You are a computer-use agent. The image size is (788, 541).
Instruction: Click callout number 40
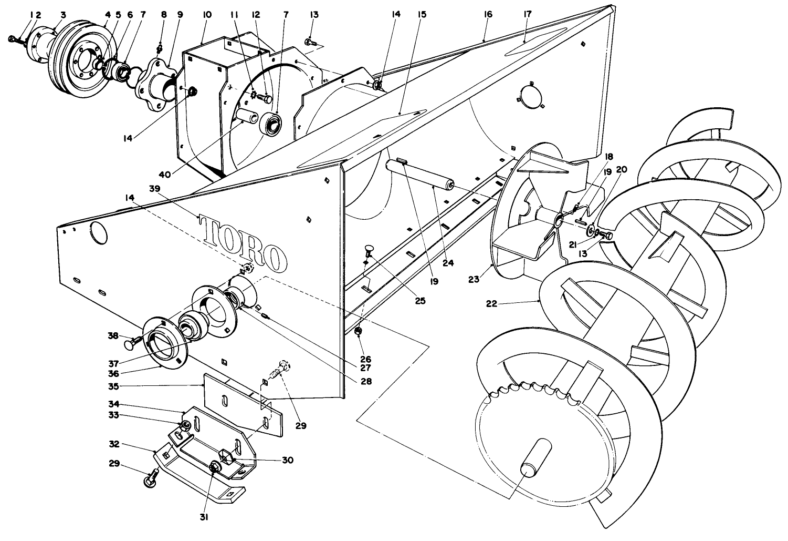[x=165, y=174]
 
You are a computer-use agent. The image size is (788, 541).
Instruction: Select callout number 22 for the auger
[x=491, y=303]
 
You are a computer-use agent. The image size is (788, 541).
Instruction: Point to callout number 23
[x=474, y=279]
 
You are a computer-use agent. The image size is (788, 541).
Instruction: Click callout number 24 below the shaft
[x=448, y=263]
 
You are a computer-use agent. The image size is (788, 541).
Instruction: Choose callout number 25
[x=420, y=301]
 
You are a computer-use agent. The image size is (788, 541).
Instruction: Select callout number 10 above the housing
[x=207, y=15]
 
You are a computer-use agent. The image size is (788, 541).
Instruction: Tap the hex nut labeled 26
[x=358, y=331]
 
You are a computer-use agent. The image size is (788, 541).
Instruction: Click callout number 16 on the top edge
[x=488, y=14]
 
